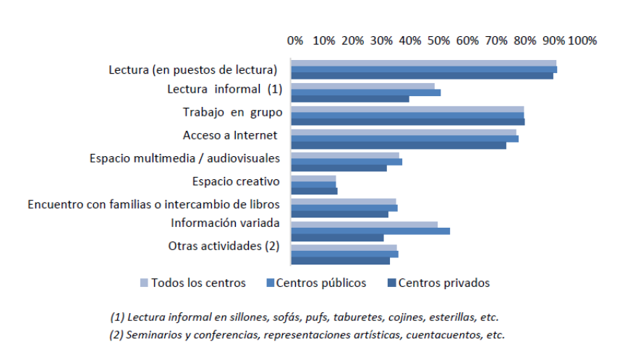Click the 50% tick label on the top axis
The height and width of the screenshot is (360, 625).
[x=438, y=40]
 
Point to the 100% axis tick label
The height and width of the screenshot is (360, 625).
[x=583, y=40]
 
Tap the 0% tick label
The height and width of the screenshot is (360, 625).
[x=295, y=40]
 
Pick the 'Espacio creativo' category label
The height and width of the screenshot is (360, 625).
[x=236, y=181]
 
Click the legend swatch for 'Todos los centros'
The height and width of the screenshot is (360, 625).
[x=143, y=283]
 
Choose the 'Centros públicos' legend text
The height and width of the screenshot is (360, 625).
[x=320, y=283]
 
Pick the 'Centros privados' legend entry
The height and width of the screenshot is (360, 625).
[x=443, y=283]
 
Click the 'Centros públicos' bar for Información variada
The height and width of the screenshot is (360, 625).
[x=370, y=231]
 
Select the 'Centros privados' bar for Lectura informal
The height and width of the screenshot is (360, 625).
[x=349, y=99]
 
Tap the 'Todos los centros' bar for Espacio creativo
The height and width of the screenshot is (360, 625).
[x=313, y=179]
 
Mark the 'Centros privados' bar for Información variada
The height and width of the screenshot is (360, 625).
[x=337, y=238]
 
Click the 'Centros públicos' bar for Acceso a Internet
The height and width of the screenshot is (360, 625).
[x=404, y=138]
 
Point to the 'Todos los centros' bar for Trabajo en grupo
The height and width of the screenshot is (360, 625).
[x=407, y=108]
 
